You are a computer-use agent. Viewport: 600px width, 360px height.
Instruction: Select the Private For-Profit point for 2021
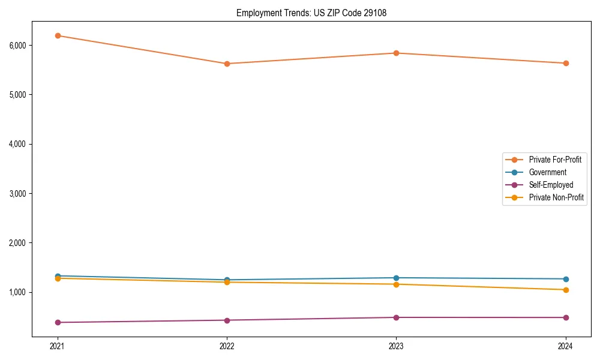(x=58, y=35)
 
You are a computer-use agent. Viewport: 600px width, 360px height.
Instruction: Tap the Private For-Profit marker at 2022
(x=227, y=64)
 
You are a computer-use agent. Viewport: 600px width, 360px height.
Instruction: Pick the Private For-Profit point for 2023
(x=396, y=53)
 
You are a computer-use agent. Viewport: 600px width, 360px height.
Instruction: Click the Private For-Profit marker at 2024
(x=566, y=63)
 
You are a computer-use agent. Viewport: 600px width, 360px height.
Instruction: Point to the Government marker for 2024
(x=566, y=279)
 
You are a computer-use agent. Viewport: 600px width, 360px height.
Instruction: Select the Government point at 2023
(x=396, y=278)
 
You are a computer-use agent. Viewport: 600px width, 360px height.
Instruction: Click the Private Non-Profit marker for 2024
(x=566, y=290)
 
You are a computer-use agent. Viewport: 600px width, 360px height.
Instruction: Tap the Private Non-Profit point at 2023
(x=396, y=284)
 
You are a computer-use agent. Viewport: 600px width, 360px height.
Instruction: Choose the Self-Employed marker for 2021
(x=58, y=322)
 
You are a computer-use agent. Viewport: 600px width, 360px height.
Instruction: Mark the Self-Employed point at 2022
(x=227, y=320)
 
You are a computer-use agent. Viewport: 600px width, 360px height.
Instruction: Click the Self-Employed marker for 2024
(x=566, y=317)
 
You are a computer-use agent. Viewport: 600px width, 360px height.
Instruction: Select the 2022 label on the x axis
(x=227, y=346)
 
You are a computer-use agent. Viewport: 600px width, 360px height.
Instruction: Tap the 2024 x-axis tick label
(x=566, y=346)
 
